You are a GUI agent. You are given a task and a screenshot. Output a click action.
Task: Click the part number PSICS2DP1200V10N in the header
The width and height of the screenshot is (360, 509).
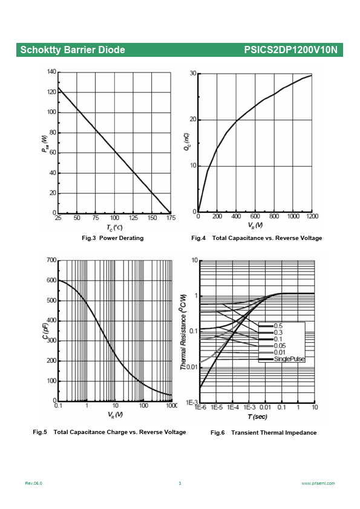pyautogui.click(x=291, y=50)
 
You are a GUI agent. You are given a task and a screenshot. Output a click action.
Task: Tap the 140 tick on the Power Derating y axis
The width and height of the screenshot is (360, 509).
pyautogui.click(x=51, y=71)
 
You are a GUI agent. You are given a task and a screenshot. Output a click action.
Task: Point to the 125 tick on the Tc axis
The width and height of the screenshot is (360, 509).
pyautogui.click(x=133, y=218)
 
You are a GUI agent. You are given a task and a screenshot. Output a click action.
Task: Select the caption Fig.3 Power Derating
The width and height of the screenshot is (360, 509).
pyautogui.click(x=113, y=238)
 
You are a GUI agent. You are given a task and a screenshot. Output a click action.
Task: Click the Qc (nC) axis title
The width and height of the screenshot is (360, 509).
pyautogui.click(x=186, y=141)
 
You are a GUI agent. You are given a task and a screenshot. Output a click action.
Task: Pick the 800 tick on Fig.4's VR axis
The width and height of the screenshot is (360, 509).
pyautogui.click(x=274, y=216)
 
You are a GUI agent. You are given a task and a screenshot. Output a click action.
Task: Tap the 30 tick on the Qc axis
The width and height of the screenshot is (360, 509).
pyautogui.click(x=193, y=73)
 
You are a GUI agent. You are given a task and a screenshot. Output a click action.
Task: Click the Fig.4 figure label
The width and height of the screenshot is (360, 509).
pyautogui.click(x=198, y=238)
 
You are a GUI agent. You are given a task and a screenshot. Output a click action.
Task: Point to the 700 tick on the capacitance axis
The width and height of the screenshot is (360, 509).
pyautogui.click(x=51, y=260)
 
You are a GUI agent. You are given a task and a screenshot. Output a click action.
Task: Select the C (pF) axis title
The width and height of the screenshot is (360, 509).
pyautogui.click(x=45, y=329)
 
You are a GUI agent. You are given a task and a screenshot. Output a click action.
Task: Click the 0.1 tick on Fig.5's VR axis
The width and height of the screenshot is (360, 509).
pyautogui.click(x=58, y=406)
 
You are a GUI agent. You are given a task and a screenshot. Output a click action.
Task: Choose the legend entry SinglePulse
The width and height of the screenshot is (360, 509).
pyautogui.click(x=289, y=359)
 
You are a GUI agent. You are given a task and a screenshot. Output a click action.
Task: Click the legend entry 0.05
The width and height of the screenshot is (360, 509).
pyautogui.click(x=280, y=346)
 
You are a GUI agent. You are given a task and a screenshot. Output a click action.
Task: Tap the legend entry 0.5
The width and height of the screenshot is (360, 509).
pyautogui.click(x=278, y=326)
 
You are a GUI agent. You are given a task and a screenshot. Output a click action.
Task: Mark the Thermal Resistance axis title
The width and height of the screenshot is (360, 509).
pyautogui.click(x=183, y=332)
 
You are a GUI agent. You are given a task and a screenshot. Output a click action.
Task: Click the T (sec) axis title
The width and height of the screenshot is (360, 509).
pyautogui.click(x=257, y=417)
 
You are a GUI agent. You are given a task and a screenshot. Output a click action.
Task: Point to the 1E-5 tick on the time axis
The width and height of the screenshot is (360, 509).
pyautogui.click(x=217, y=407)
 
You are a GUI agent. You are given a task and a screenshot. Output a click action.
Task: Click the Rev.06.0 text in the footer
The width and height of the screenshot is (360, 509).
pyautogui.click(x=33, y=484)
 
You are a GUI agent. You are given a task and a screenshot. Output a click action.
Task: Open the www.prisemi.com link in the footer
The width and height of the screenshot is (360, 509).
pyautogui.click(x=318, y=484)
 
